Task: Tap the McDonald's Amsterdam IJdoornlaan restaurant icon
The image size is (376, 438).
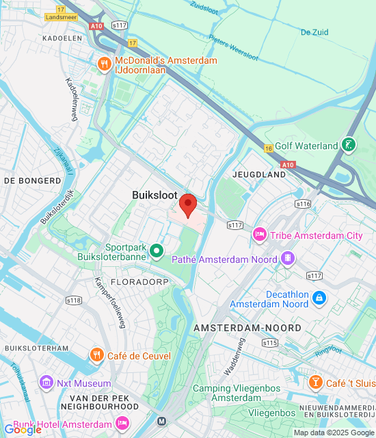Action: tap(105, 65)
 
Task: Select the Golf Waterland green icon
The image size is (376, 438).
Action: tap(349, 145)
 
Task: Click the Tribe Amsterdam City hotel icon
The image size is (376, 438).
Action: tap(260, 235)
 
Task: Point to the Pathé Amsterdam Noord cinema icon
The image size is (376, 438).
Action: tap(288, 259)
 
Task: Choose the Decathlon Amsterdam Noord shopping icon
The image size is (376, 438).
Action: tap(319, 297)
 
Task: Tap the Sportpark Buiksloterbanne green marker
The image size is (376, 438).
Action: tap(157, 252)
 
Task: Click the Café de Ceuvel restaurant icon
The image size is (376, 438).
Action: tap(97, 355)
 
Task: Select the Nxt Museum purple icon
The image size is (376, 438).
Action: tap(47, 381)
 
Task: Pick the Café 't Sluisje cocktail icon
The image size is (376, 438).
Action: tap(316, 382)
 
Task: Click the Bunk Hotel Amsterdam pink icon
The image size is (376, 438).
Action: tap(122, 424)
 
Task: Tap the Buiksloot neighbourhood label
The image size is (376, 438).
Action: tap(155, 195)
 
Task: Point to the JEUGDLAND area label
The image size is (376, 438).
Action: tap(259, 175)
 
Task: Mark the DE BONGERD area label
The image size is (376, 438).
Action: tap(32, 181)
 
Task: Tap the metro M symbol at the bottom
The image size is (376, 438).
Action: tap(161, 421)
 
